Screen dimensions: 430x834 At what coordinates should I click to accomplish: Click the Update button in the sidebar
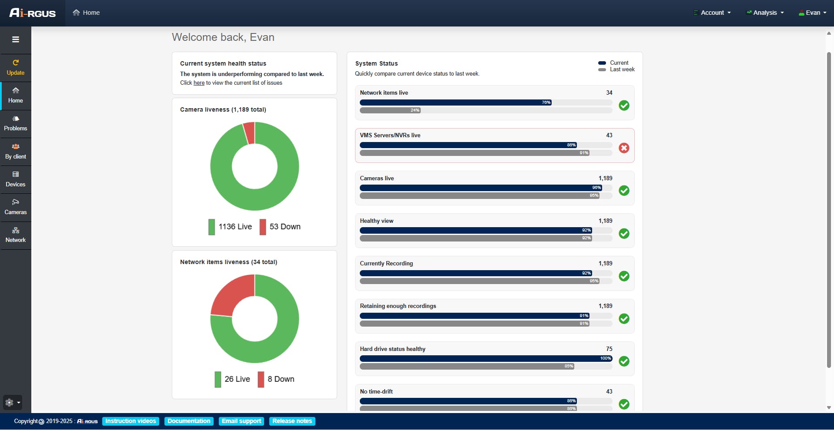click(16, 68)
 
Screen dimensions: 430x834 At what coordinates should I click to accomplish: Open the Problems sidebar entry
click(16, 123)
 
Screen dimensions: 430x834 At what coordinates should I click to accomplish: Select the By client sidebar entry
click(16, 152)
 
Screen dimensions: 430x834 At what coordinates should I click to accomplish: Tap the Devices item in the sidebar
click(16, 179)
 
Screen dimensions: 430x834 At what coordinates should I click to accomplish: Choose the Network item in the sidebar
click(16, 235)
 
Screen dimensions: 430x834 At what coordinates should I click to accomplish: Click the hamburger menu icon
click(16, 40)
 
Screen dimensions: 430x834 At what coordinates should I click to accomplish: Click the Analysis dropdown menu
click(765, 13)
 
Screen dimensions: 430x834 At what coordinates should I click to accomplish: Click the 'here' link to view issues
click(199, 83)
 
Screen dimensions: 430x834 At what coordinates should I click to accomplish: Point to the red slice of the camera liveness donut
click(249, 133)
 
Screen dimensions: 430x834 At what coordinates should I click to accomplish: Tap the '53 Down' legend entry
click(280, 227)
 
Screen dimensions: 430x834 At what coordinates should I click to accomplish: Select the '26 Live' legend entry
click(232, 379)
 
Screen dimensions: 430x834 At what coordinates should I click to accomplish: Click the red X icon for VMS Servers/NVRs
click(624, 148)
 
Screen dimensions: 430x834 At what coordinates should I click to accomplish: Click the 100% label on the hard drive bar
click(606, 358)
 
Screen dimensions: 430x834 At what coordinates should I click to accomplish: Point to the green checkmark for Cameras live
click(624, 191)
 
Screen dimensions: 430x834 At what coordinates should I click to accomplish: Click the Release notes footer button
click(292, 421)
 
